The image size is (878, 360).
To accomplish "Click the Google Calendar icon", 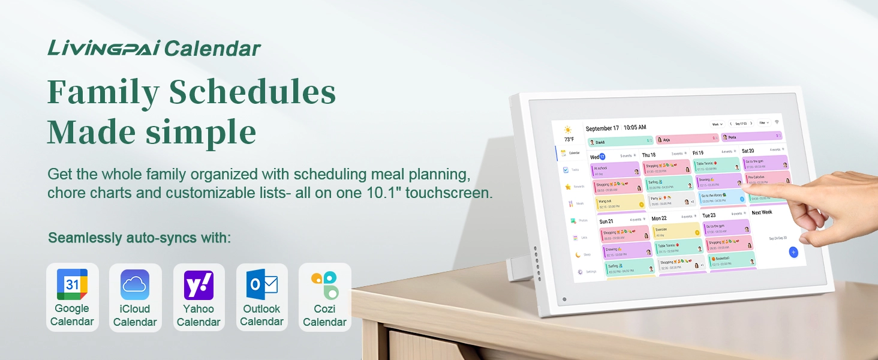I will click(72, 284).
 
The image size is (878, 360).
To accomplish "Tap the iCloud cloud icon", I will click(135, 284).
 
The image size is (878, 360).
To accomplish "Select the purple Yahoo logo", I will click(199, 284).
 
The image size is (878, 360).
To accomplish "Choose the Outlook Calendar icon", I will click(262, 284).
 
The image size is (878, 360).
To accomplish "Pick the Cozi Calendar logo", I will click(324, 284).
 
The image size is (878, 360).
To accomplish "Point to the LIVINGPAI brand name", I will click(103, 48).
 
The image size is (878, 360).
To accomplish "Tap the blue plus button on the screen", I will click(793, 252).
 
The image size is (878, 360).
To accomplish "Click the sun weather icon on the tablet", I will click(568, 130).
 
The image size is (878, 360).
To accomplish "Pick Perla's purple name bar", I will click(751, 137).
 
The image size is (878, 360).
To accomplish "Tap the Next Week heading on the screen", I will click(762, 212).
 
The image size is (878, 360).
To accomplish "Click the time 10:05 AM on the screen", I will click(635, 128).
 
